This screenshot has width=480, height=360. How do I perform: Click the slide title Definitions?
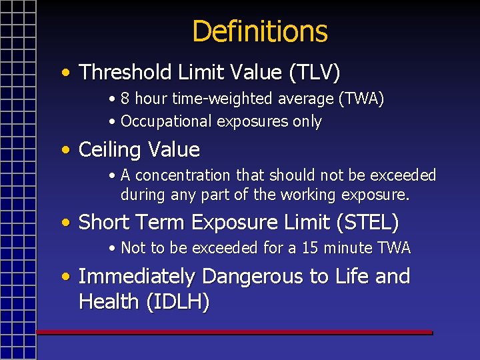point(259,31)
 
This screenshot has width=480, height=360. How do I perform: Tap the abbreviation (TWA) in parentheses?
point(361,99)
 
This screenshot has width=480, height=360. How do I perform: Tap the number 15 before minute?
point(310,248)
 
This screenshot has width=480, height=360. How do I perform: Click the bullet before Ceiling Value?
point(65,150)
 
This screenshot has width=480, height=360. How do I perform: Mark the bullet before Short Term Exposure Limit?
point(65,222)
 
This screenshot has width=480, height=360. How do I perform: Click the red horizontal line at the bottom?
point(234,332)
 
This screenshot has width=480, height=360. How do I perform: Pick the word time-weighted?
point(253,99)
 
